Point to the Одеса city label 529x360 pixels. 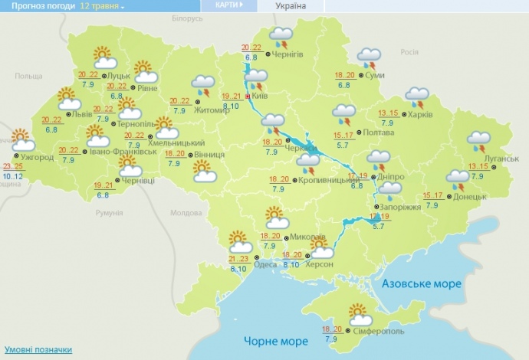point(265,264)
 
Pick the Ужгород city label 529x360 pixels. point(38,158)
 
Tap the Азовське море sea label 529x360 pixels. point(422,284)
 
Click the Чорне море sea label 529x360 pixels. point(271,340)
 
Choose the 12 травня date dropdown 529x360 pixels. point(104,6)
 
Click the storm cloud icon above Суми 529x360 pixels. point(370,57)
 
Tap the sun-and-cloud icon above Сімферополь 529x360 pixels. point(357,314)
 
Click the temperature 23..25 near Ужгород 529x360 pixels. point(14,167)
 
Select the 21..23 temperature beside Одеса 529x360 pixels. point(238,259)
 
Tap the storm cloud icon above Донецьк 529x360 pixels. point(458,180)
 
